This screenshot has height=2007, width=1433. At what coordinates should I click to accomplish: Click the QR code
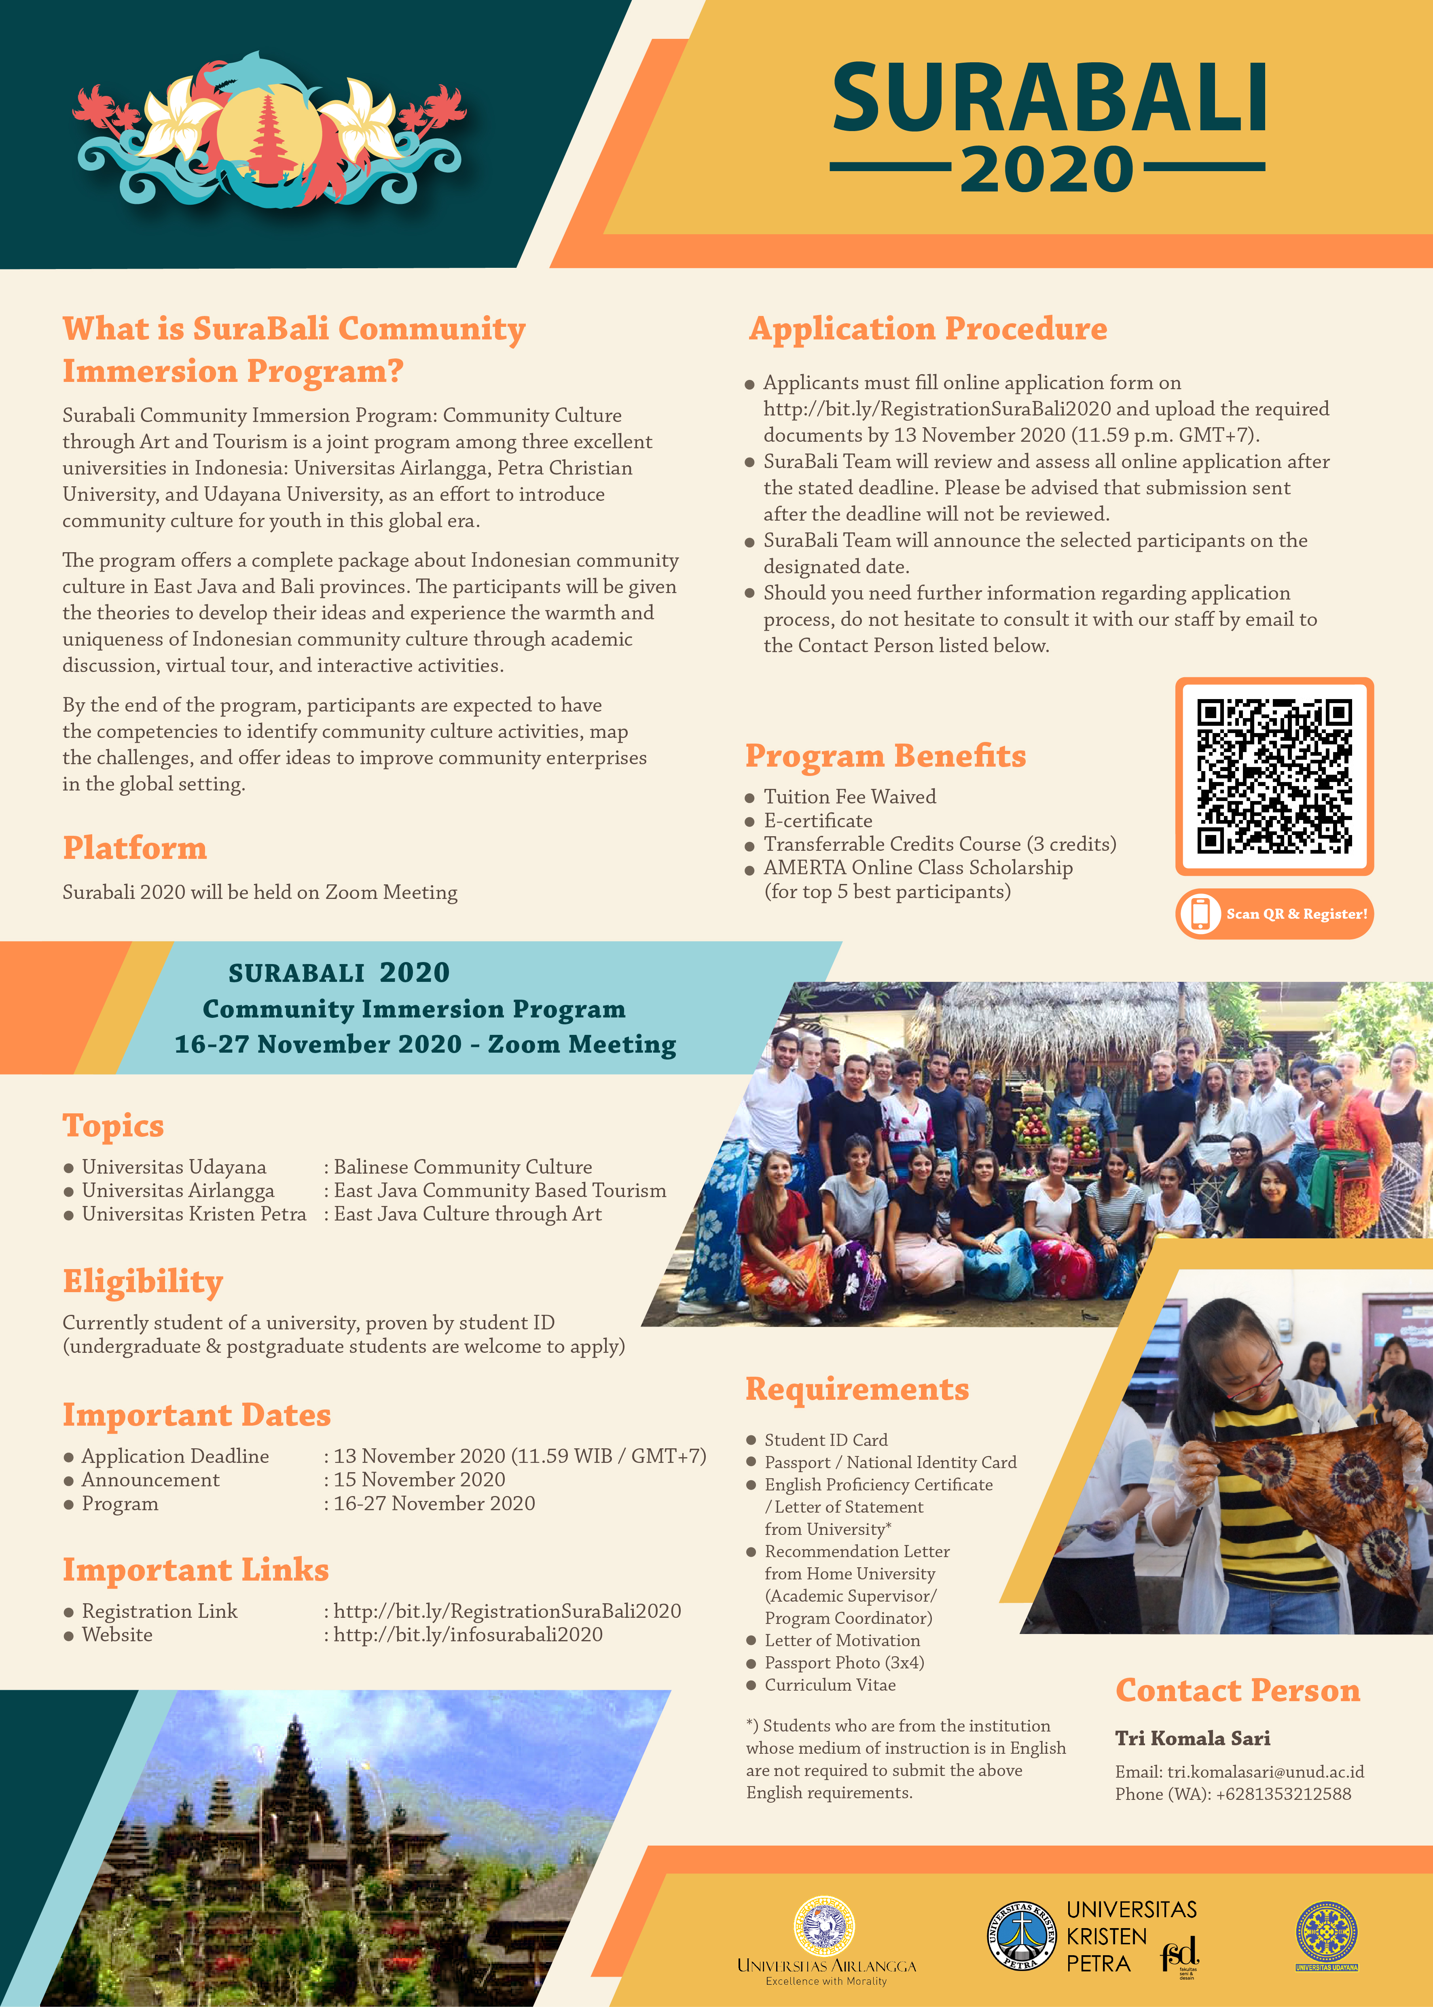[x=1273, y=777]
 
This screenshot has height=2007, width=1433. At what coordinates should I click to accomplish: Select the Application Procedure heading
[x=927, y=328]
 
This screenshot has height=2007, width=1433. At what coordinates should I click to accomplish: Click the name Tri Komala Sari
[x=1192, y=1738]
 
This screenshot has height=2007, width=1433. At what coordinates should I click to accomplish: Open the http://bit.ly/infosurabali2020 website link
[x=468, y=1634]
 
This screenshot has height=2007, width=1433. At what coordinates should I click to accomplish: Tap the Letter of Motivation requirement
[x=842, y=1640]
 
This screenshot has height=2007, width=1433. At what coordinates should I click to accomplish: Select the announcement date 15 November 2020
[x=419, y=1480]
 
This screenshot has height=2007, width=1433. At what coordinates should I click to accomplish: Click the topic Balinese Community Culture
[x=462, y=1167]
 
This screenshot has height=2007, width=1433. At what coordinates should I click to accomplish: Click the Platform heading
[x=134, y=848]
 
